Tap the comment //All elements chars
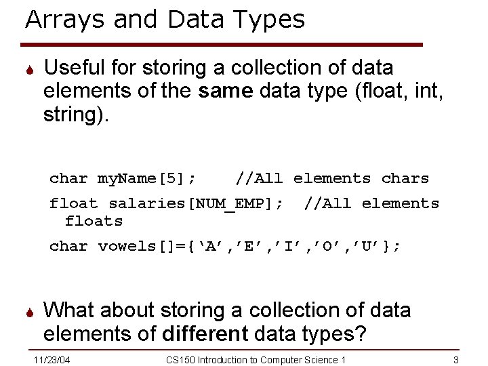pyautogui.click(x=332, y=179)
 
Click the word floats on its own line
pyautogui.click(x=94, y=221)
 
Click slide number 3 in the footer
pyautogui.click(x=456, y=359)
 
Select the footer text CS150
pyautogui.click(x=180, y=359)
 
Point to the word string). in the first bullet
pyautogui.click(x=76, y=114)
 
